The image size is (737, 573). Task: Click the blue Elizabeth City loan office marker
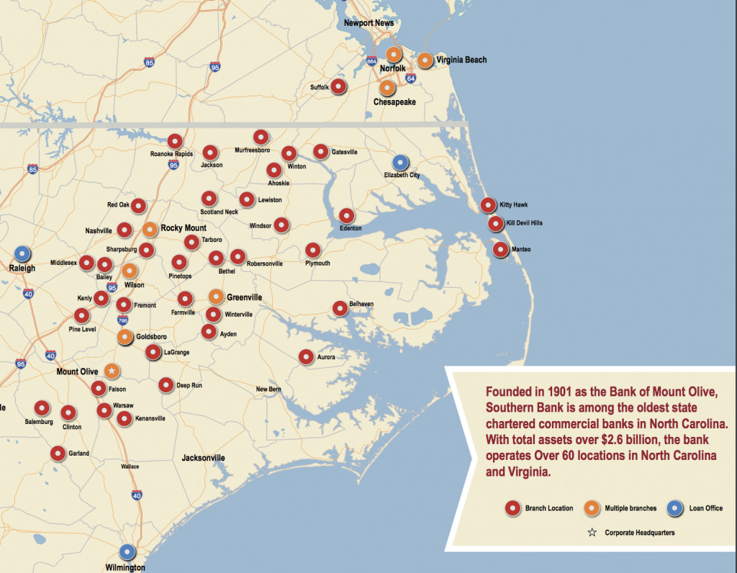pyautogui.click(x=400, y=163)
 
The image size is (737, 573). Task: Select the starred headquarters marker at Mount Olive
pyautogui.click(x=112, y=371)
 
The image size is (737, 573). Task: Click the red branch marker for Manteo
pyautogui.click(x=500, y=249)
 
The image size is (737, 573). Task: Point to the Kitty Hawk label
pyautogui.click(x=514, y=205)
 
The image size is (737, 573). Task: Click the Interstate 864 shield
pyautogui.click(x=371, y=62)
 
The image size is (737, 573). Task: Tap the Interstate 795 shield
pyautogui.click(x=122, y=320)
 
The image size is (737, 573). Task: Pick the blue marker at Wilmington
pyautogui.click(x=127, y=551)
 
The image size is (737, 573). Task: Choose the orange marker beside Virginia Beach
pyautogui.click(x=425, y=60)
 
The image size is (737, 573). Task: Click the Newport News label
pyautogui.click(x=368, y=23)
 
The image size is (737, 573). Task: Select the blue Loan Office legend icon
pyautogui.click(x=674, y=508)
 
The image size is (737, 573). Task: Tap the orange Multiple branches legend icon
pyautogui.click(x=592, y=508)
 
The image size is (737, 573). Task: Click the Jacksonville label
pyautogui.click(x=203, y=458)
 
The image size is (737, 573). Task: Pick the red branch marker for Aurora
pyautogui.click(x=306, y=356)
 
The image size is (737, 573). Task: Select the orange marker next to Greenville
pyautogui.click(x=216, y=296)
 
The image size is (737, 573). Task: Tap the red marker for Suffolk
pyautogui.click(x=338, y=86)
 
